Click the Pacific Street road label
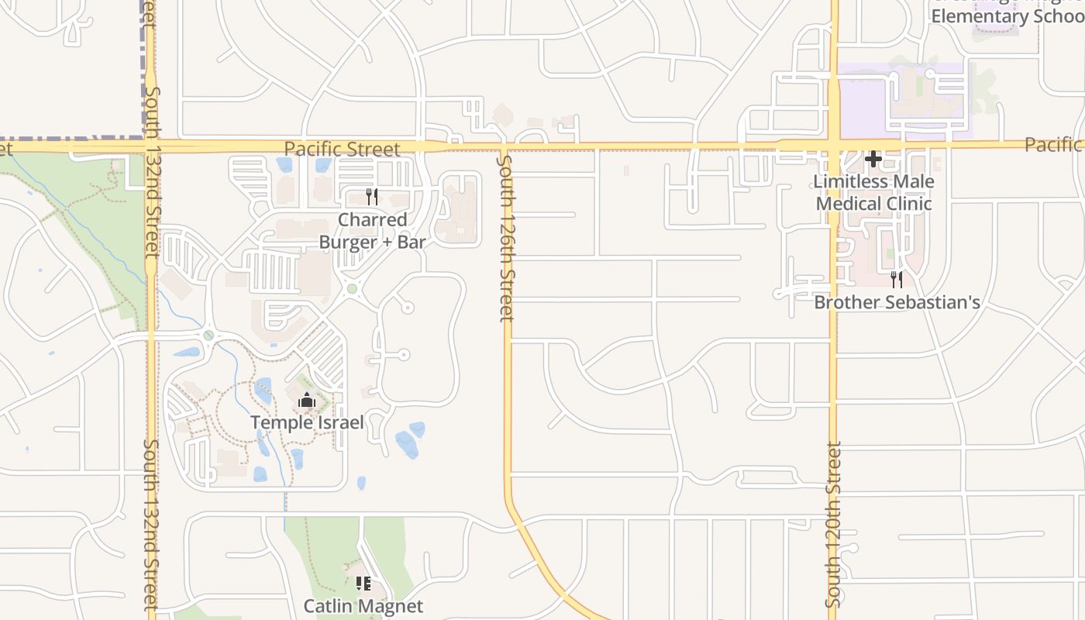(342, 149)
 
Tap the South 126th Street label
(505, 239)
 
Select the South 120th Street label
(834, 525)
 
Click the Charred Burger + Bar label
(373, 231)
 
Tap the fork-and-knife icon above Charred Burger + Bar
(372, 197)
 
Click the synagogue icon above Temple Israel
(306, 400)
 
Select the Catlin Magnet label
(363, 606)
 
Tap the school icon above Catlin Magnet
(363, 584)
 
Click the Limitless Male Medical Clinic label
(873, 192)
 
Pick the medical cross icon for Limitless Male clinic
(873, 159)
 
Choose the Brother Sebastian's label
(897, 302)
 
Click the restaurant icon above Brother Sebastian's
(897, 279)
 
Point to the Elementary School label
(1007, 15)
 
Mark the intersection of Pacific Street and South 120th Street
(834, 145)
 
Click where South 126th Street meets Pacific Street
(504, 146)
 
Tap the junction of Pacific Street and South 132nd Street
(150, 146)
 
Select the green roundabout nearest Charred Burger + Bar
(352, 289)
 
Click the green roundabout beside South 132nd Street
(208, 335)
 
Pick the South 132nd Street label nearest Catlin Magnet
(151, 525)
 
